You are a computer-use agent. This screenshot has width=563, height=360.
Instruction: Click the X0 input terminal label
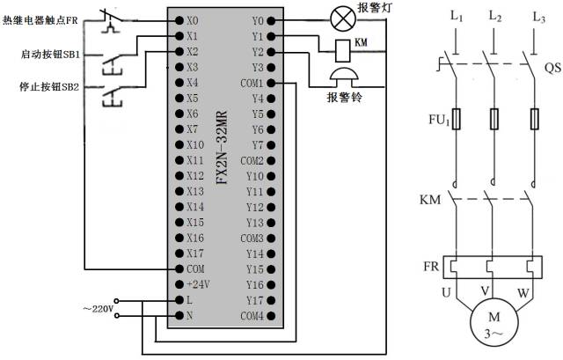[193, 19]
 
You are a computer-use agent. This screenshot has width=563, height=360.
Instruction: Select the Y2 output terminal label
[257, 52]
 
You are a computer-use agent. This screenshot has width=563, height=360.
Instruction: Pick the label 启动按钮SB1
[50, 54]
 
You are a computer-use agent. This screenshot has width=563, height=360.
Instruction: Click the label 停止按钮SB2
[50, 88]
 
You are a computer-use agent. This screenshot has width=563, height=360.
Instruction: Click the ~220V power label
[97, 309]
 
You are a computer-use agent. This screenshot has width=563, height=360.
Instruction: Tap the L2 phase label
[495, 18]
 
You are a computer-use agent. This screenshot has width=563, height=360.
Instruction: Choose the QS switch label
[552, 68]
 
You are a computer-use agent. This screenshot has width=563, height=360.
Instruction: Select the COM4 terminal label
[252, 316]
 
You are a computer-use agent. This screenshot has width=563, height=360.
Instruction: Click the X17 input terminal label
[194, 253]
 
